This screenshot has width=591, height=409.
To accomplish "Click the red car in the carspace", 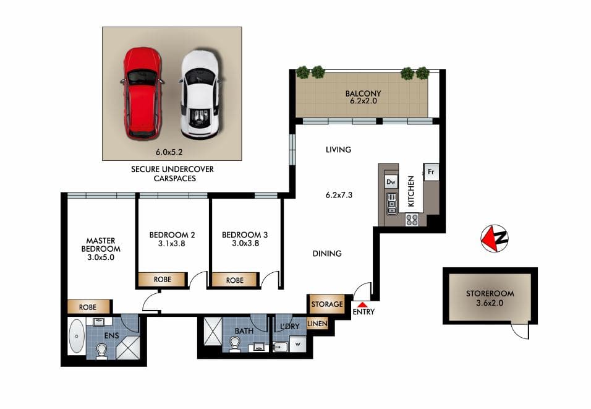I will [x=142, y=93].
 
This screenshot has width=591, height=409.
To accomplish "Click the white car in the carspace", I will [x=199, y=94].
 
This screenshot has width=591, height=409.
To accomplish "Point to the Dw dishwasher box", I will [x=391, y=182].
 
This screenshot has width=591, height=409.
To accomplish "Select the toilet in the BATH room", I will [x=237, y=344].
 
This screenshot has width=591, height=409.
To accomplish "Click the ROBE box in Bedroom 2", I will [x=162, y=280].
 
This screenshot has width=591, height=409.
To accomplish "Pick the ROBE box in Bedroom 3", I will [x=235, y=280].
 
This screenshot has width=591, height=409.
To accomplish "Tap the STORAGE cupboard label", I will [x=326, y=304].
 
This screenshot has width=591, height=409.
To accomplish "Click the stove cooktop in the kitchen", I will [x=412, y=219].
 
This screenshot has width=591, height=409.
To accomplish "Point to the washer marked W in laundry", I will [x=299, y=344].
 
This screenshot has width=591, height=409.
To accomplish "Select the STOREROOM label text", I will [x=490, y=294].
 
